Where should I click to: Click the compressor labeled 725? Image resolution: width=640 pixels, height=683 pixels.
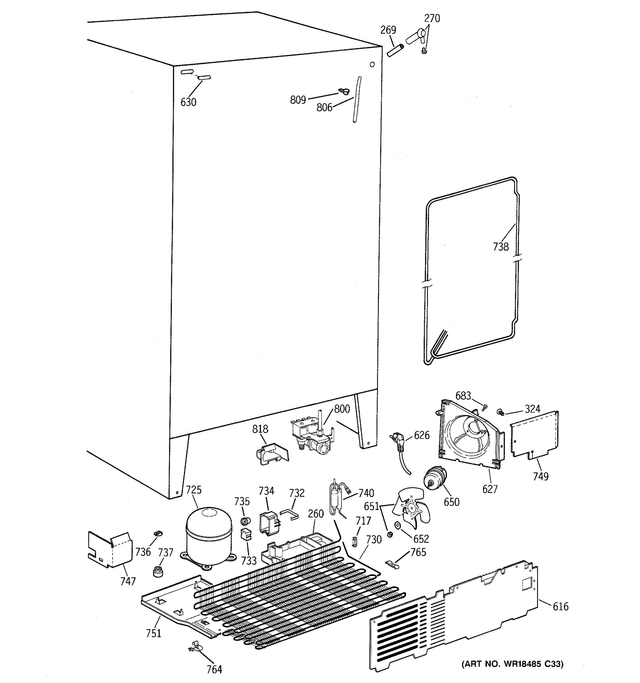[x=209, y=538]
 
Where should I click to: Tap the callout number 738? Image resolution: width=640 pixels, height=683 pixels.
[x=501, y=246]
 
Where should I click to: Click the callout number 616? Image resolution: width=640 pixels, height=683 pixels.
[x=560, y=607]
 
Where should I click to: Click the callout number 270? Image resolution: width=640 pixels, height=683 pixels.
[x=432, y=18]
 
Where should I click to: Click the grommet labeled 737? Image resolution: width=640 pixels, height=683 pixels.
[x=158, y=571]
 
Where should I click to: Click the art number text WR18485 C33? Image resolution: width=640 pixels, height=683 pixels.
[x=512, y=665]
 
